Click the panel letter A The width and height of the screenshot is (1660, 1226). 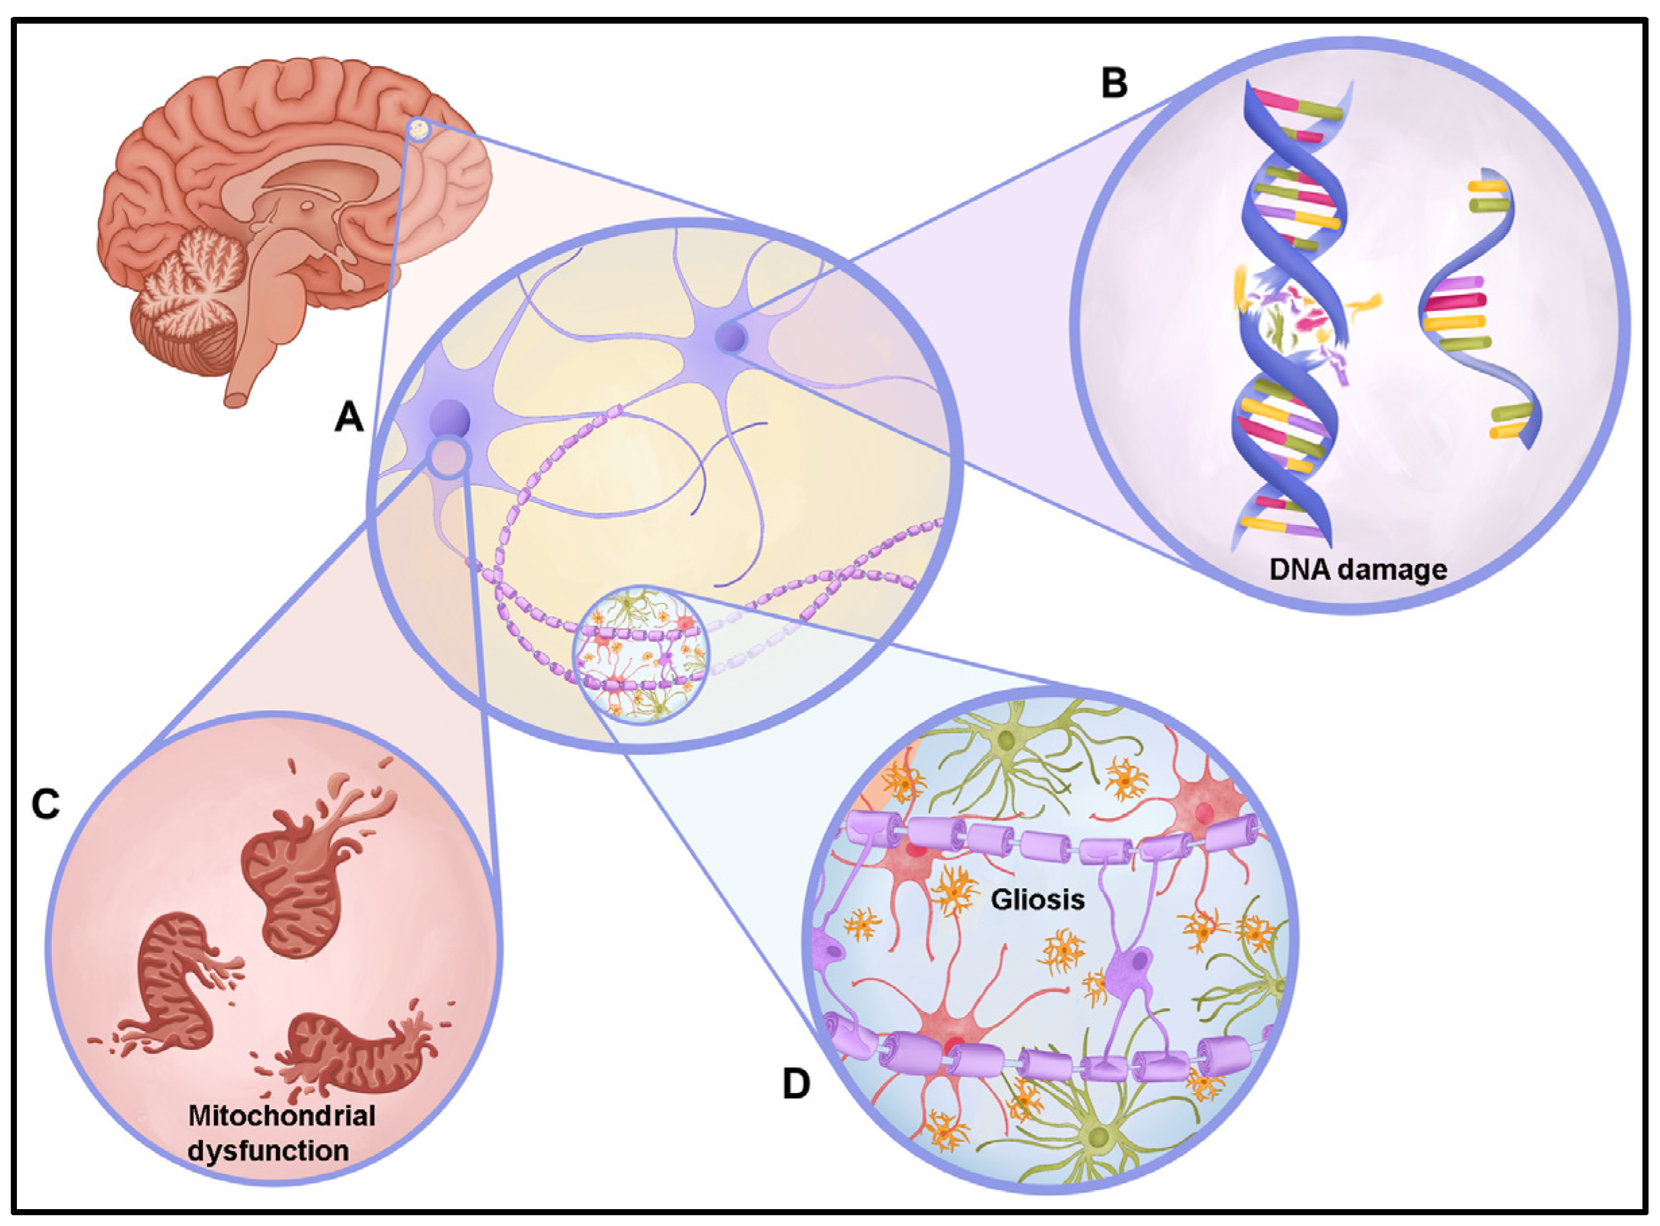pyautogui.click(x=349, y=418)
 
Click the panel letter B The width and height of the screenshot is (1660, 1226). pyautogui.click(x=1114, y=83)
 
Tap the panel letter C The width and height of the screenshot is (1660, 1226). pyautogui.click(x=45, y=803)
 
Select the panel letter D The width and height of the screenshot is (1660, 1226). pyautogui.click(x=796, y=1084)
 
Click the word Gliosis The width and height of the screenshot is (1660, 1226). pyautogui.click(x=1038, y=900)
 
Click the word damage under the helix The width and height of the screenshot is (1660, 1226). pyautogui.click(x=1399, y=569)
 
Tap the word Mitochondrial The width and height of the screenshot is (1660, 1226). pyautogui.click(x=281, y=1115)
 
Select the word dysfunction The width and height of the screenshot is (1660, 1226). pyautogui.click(x=268, y=1150)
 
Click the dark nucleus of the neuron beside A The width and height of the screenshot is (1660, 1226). pyautogui.click(x=449, y=419)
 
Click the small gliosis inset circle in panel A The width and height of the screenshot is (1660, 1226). pyautogui.click(x=640, y=654)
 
